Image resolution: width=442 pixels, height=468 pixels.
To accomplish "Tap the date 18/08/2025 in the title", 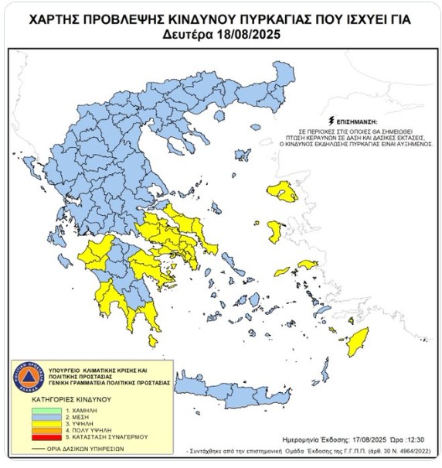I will tap(247, 35).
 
